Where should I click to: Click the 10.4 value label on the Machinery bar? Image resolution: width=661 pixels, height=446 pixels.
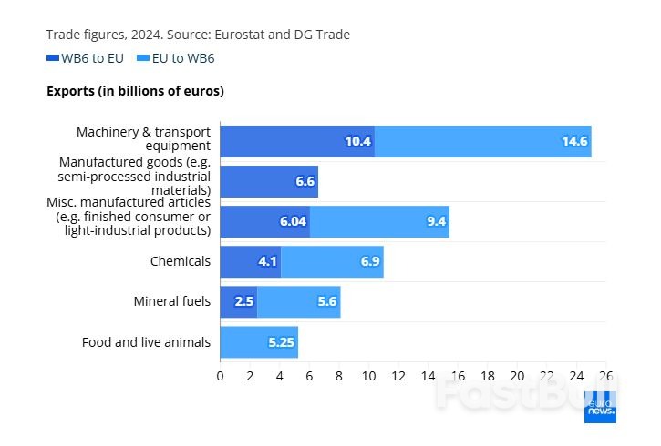pos(357,141)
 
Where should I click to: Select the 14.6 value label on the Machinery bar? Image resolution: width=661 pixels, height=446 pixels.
pos(574,141)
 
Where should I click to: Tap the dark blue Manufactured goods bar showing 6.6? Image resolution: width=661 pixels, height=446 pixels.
pos(269,181)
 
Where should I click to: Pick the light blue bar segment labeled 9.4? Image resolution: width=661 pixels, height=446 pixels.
pos(379,221)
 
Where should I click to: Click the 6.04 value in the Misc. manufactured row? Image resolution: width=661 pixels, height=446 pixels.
pos(293,221)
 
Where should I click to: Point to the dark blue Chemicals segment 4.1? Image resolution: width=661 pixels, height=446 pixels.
pos(250,261)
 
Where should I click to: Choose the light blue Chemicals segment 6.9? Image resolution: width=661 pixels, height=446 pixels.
pos(332,261)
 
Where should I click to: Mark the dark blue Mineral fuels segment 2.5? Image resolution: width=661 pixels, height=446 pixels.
pos(239,301)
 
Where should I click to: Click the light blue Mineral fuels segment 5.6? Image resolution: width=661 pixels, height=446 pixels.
pos(299,301)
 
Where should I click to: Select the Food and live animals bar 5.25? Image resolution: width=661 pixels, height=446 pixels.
pos(259,342)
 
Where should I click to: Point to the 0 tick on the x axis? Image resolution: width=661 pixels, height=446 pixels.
pos(220,375)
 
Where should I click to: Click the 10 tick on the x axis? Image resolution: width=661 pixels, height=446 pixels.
pos(368,375)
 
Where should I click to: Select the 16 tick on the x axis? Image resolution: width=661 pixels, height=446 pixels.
pos(458,375)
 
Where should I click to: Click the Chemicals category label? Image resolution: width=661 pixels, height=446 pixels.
pos(181,261)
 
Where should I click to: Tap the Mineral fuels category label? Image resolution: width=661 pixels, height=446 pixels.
pos(171,301)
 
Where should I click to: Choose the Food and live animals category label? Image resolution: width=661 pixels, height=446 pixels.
pos(146,342)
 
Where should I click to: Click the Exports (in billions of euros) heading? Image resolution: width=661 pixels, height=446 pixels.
pos(135,91)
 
